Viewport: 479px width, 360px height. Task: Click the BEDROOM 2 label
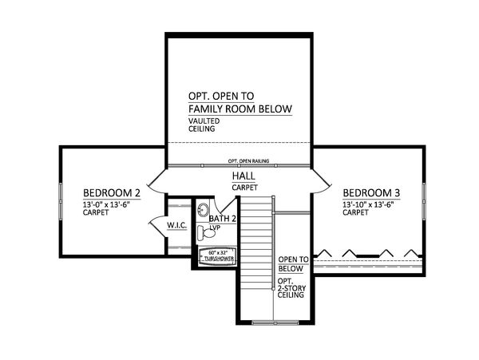click(112, 193)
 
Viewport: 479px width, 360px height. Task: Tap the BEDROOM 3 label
click(371, 193)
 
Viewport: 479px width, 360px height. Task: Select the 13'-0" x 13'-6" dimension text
click(105, 204)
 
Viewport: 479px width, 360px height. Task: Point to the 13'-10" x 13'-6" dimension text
click(367, 204)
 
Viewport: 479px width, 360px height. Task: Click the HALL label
click(243, 176)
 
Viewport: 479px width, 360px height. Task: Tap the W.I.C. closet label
click(176, 225)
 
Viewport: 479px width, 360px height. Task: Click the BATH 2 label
click(223, 219)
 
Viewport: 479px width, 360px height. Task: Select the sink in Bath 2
click(203, 210)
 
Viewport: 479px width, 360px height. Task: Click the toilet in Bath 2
click(206, 233)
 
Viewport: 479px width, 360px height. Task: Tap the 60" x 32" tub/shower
click(216, 256)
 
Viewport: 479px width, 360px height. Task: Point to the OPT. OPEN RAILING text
click(248, 161)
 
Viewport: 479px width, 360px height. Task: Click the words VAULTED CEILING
click(204, 125)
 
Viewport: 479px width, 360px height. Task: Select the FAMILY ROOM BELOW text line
click(240, 109)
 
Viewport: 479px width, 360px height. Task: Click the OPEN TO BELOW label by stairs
click(293, 264)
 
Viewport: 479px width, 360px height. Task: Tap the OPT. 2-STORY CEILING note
click(291, 287)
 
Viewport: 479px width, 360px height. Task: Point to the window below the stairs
click(275, 322)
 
